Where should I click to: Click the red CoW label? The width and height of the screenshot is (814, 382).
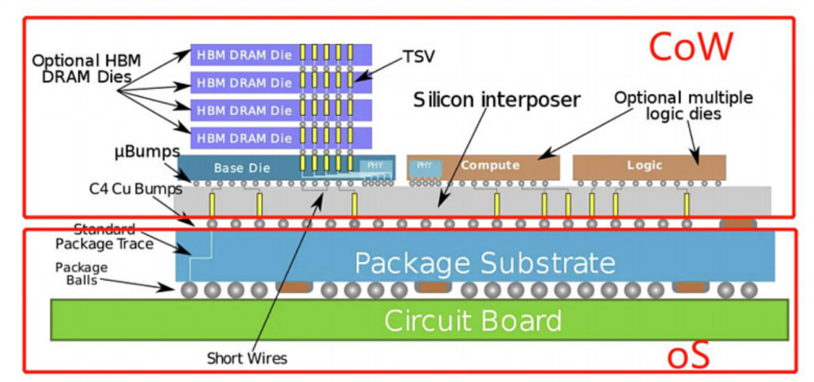point(690,47)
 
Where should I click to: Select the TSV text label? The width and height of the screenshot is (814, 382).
point(418,57)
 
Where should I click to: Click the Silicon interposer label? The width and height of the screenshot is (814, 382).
point(496,99)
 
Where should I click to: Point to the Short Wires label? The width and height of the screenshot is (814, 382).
point(247,358)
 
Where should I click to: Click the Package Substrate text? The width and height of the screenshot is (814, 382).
point(485,263)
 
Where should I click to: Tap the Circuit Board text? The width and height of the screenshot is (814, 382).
point(473,320)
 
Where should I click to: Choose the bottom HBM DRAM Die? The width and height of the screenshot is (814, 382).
point(281,138)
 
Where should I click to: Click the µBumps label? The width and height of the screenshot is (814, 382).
point(147,152)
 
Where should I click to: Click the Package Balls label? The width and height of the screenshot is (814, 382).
point(82,274)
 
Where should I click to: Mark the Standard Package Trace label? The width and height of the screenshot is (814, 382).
point(105,236)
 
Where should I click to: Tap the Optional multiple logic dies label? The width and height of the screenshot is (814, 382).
point(683,105)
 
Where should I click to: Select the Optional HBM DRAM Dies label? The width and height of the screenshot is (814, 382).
point(87,69)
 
